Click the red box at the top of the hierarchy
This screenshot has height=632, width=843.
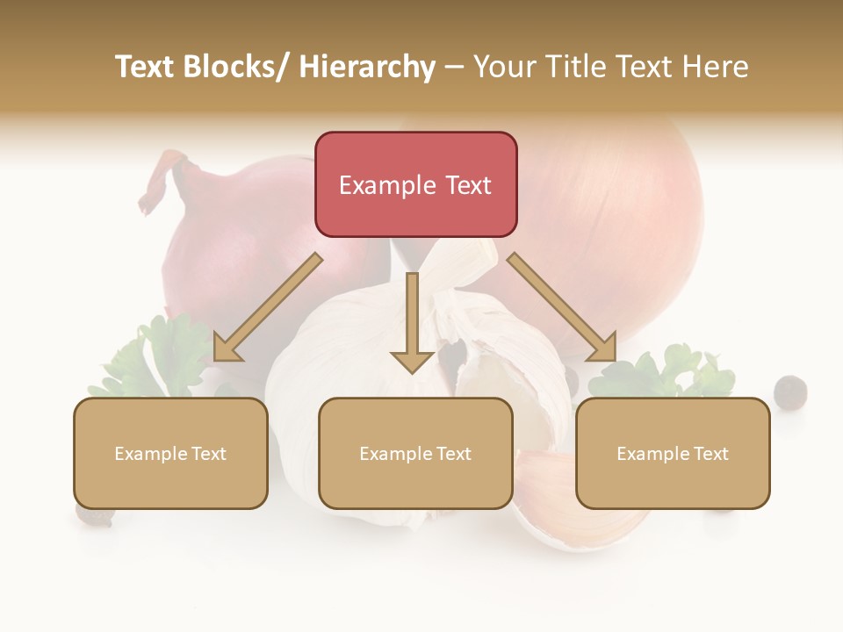click(x=415, y=184)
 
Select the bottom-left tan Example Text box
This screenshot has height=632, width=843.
click(x=170, y=453)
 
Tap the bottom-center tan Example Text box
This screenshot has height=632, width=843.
click(x=415, y=453)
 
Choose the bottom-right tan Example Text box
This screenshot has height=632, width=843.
click(x=673, y=453)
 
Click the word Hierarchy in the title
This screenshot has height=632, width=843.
click(x=367, y=67)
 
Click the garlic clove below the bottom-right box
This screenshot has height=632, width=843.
click(x=597, y=523)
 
